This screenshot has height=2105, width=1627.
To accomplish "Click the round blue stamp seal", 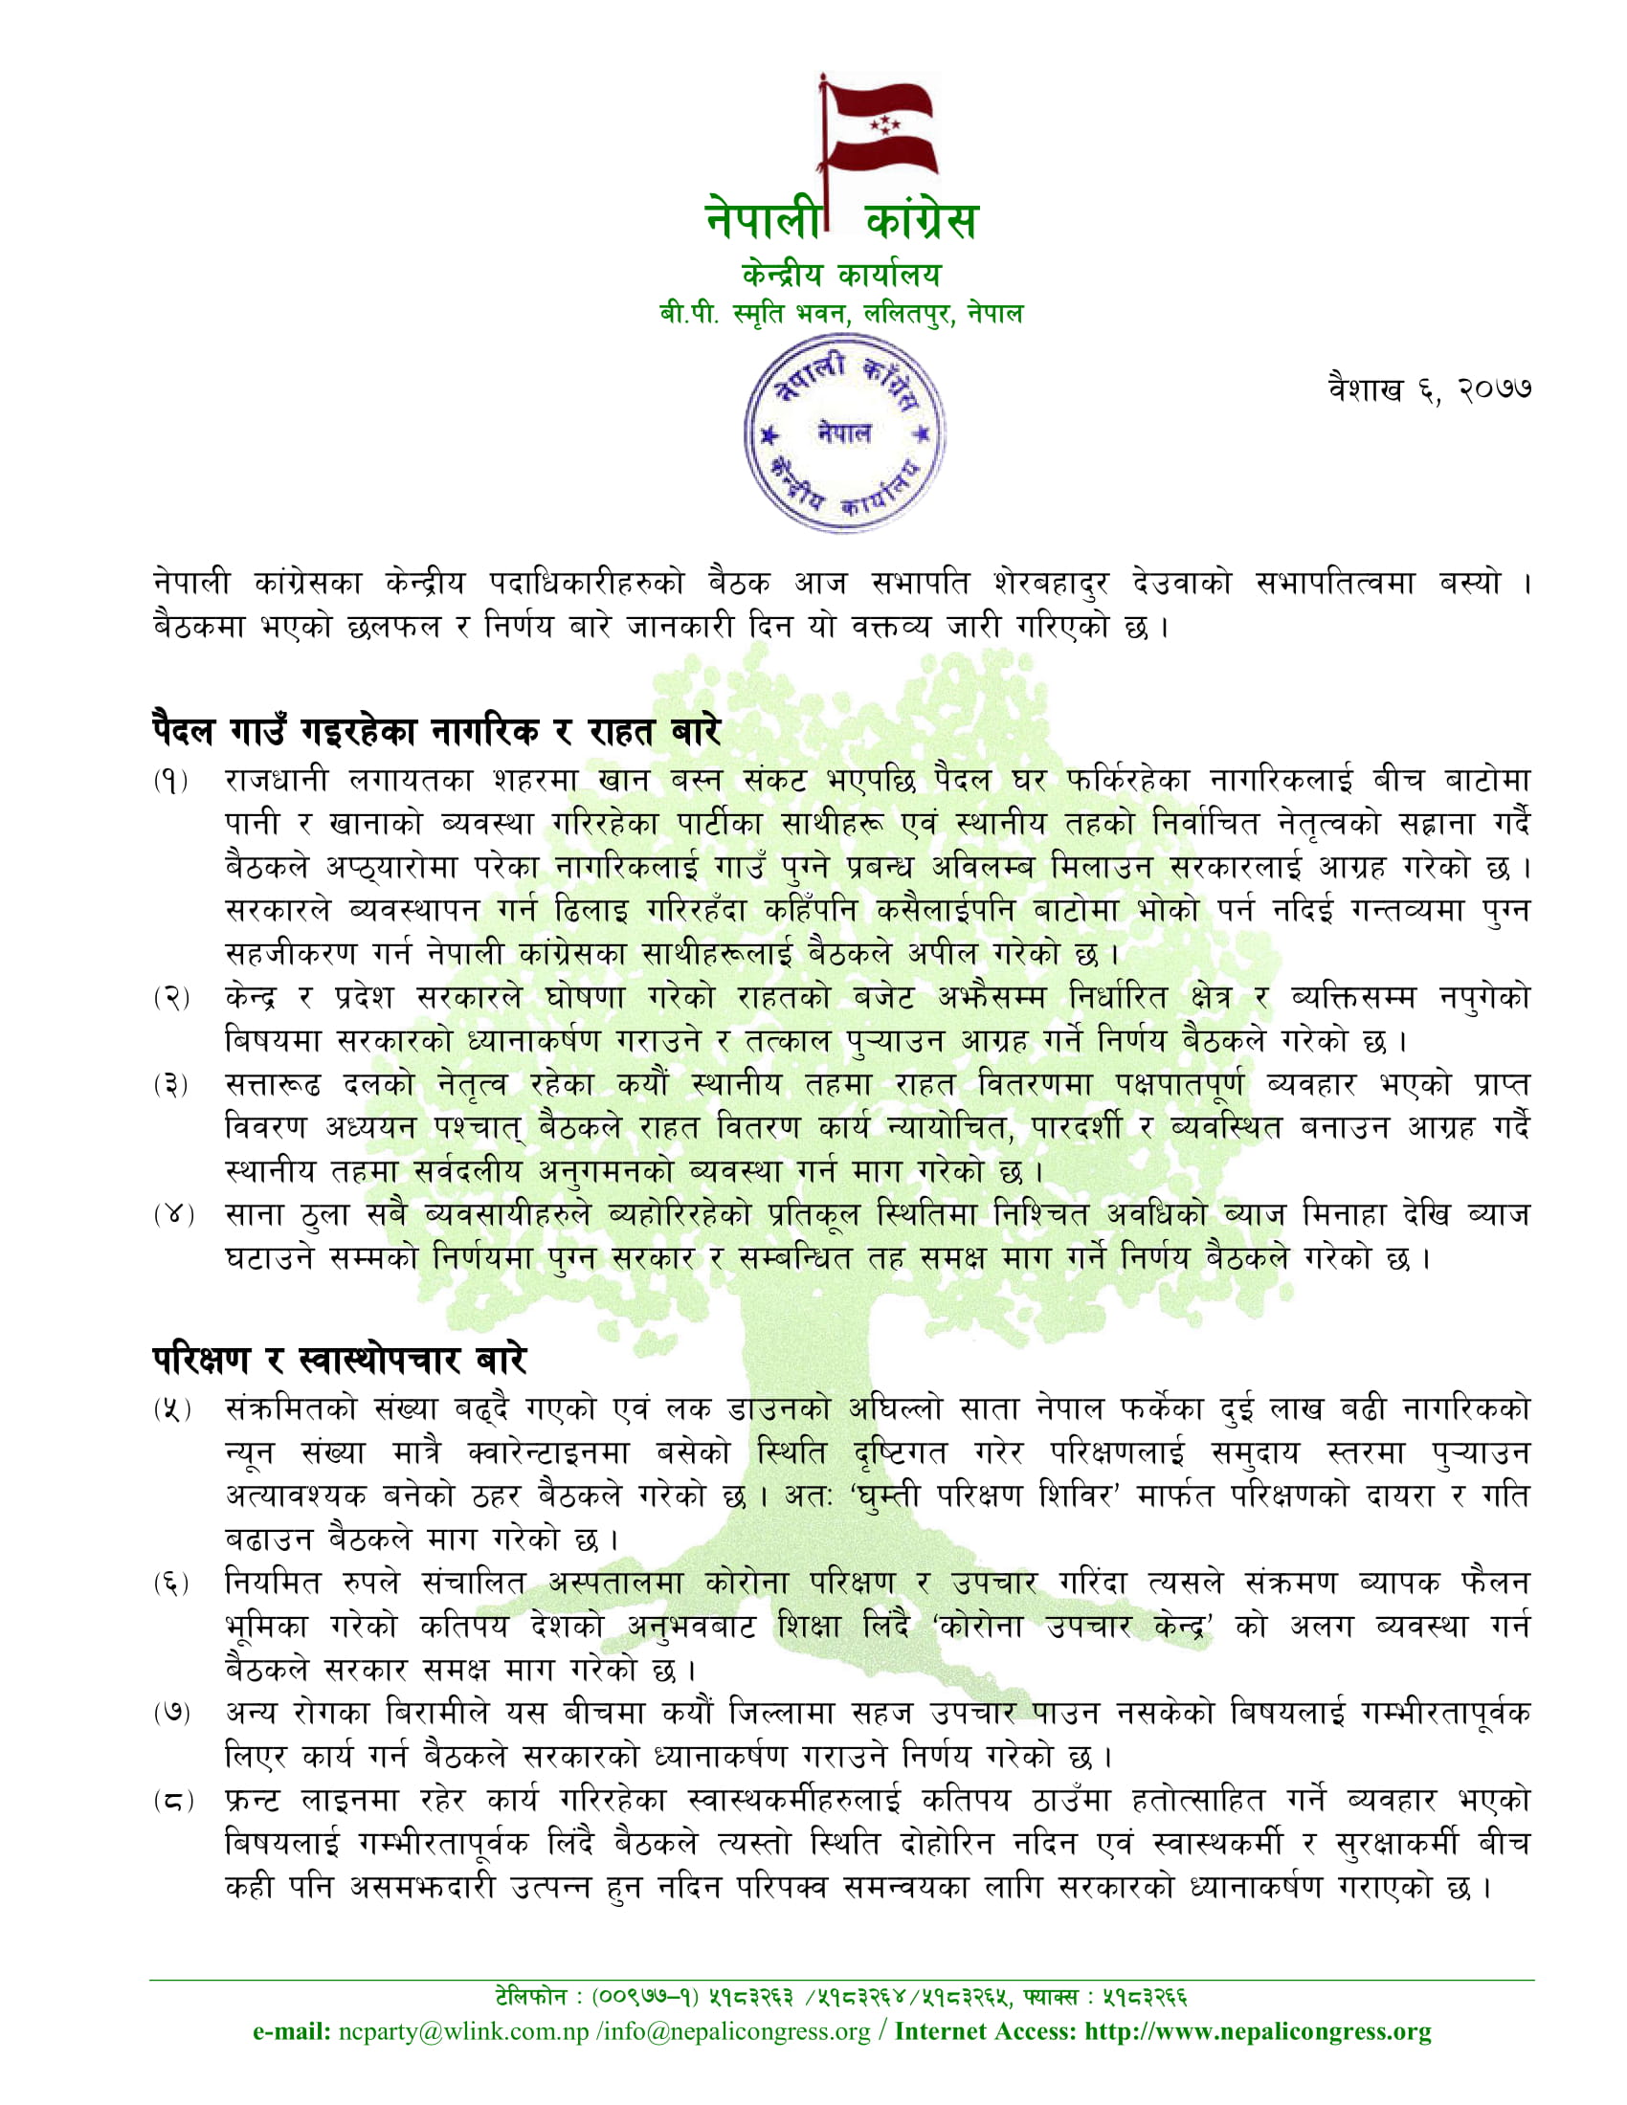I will point(844,432).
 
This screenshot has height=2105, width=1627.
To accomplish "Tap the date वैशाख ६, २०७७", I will point(1429,388).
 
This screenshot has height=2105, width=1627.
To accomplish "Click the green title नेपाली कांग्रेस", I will point(841,220).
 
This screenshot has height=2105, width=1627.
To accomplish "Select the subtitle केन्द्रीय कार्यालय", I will point(840,275).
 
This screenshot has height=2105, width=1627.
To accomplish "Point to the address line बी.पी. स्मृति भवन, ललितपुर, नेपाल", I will point(840,313).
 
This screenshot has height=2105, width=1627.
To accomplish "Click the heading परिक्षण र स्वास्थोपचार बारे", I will point(340,1360).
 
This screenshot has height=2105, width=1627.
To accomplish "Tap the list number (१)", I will point(170,781).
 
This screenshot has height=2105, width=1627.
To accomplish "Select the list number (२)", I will point(170,998).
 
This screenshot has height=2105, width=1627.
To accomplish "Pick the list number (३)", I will point(170,1085).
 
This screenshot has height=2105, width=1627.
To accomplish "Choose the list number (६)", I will point(170,1584).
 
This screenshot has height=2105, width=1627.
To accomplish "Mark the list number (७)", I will point(170,1714).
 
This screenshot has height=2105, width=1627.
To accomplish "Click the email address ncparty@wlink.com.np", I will point(462,2031).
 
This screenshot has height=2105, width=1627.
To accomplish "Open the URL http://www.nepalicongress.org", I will point(1258,2031).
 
